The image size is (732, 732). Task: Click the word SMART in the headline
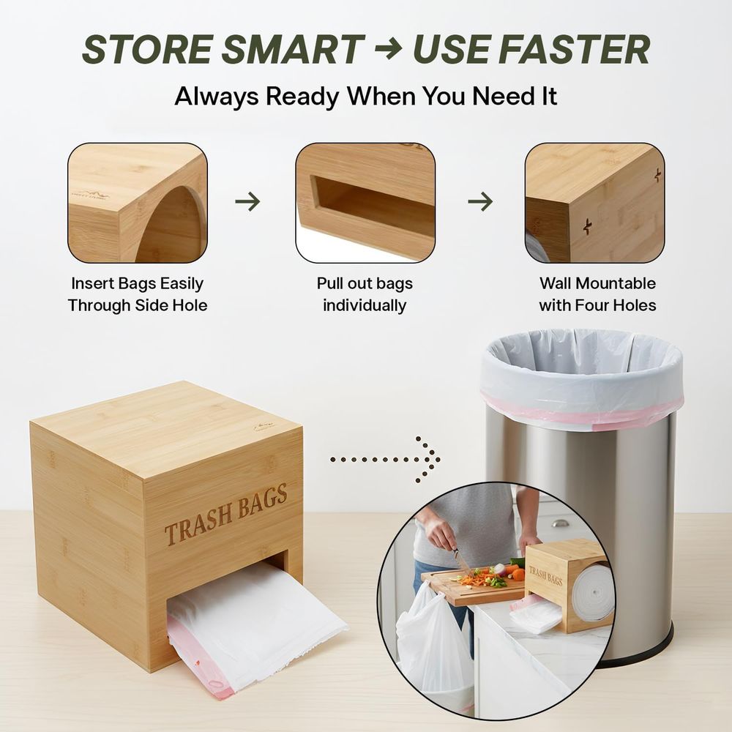tap(292, 50)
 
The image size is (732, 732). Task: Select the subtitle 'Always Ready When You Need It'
tap(365, 96)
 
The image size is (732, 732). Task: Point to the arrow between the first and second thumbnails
tap(247, 202)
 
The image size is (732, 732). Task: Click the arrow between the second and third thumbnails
tap(480, 202)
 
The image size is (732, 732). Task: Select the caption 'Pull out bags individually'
tap(365, 294)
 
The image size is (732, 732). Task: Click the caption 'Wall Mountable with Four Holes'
tap(597, 294)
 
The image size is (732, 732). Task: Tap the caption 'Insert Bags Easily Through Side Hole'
tap(138, 294)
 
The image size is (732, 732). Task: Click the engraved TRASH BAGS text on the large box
tap(226, 515)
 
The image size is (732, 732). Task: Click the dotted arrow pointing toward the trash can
tap(385, 460)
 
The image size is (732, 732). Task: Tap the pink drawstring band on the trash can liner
tap(583, 413)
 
